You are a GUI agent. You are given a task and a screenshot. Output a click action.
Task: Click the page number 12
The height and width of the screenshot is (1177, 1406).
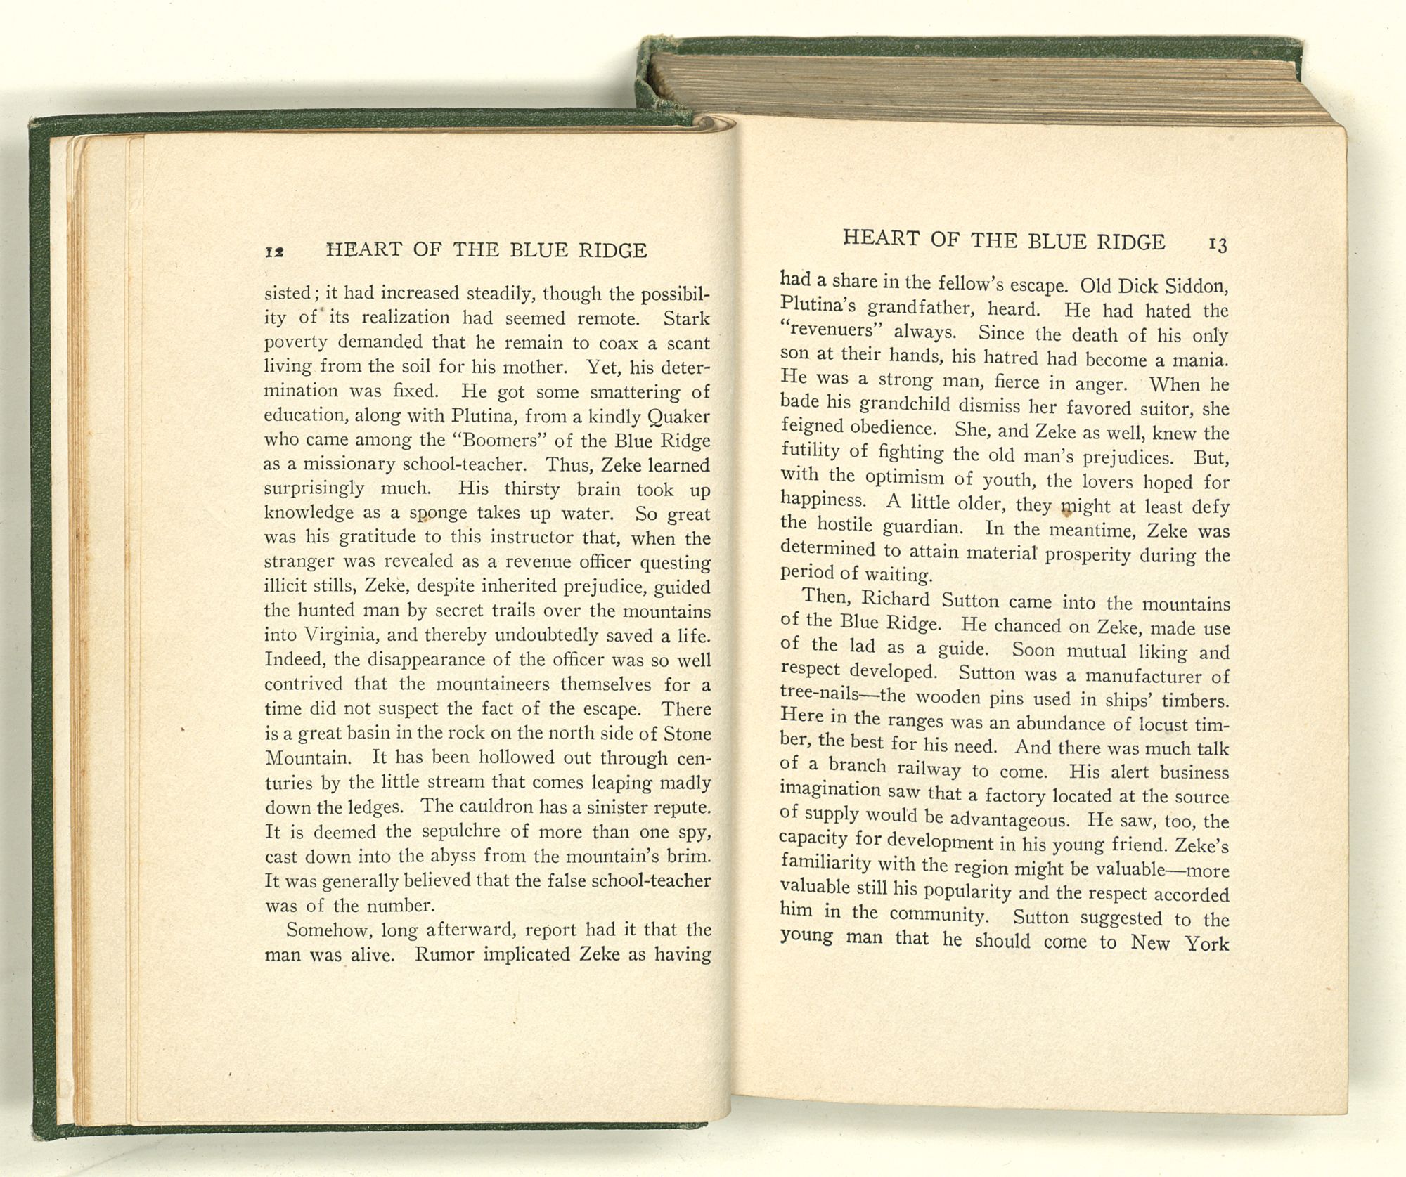(274, 252)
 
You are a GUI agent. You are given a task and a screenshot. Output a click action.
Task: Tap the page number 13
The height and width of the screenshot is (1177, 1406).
(1218, 245)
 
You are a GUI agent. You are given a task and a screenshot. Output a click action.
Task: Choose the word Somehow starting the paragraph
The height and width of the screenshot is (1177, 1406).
(330, 930)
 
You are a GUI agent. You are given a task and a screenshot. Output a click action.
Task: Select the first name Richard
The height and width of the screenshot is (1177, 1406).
(896, 599)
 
